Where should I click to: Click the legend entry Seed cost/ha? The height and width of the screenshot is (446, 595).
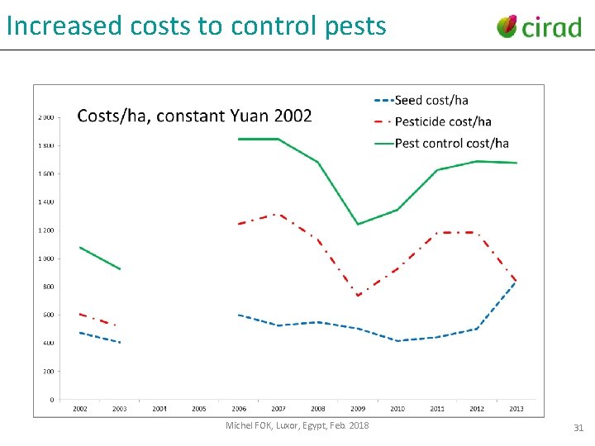[x=431, y=100]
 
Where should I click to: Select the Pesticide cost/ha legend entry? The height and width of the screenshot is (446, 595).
[x=443, y=121]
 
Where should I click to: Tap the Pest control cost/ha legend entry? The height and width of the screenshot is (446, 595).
[x=451, y=143]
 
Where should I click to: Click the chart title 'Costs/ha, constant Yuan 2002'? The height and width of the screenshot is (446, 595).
[x=194, y=116]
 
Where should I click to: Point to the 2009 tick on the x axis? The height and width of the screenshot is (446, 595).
[x=358, y=409]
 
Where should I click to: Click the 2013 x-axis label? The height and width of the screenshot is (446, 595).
[x=516, y=409]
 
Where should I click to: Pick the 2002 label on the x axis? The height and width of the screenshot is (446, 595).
[x=80, y=409]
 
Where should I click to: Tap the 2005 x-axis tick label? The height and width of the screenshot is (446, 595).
[x=199, y=409]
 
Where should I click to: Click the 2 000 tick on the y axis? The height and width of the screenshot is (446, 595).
[x=46, y=117]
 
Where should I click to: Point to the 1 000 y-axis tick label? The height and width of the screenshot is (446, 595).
[x=46, y=259]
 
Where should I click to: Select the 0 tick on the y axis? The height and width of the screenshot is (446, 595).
[x=52, y=400]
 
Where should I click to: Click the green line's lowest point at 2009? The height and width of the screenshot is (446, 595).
[x=358, y=224]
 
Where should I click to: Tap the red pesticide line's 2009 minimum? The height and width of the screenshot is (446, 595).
[x=358, y=296]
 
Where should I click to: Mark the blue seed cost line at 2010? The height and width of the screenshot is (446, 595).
[x=397, y=341]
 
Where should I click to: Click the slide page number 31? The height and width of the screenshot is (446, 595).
[x=578, y=428]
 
